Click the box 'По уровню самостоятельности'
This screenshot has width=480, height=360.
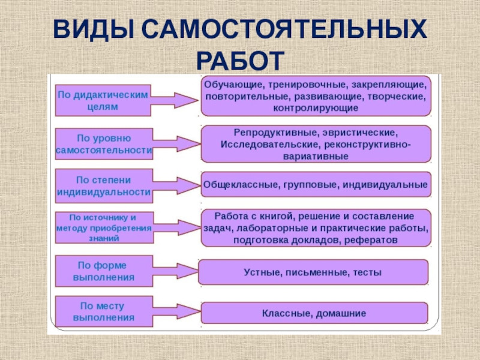coord(103,144)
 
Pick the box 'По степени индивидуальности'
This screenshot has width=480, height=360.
coord(103,186)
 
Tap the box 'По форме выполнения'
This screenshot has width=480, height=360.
coord(103,271)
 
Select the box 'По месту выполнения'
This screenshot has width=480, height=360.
coord(103,311)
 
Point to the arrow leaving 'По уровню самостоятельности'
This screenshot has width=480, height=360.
coord(177,144)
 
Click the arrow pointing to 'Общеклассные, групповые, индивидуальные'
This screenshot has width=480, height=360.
coord(176,185)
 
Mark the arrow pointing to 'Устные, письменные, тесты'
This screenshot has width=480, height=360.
coord(176,272)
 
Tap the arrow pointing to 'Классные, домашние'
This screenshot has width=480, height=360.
coord(177,312)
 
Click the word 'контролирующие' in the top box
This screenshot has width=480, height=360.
coord(316,109)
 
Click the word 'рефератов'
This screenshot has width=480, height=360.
coord(371,239)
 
